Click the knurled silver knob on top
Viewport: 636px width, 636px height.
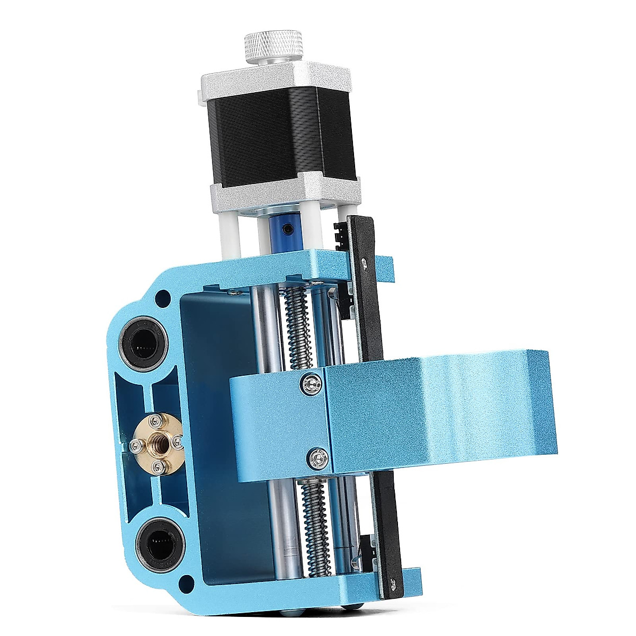(x=273, y=46)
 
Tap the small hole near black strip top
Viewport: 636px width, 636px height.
(x=364, y=262)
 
